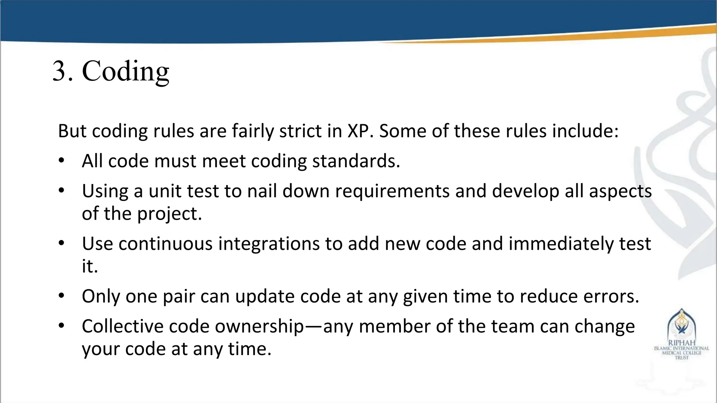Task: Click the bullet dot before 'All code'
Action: pos(62,161)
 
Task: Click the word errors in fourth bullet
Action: pos(611,297)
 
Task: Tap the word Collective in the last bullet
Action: pos(123,326)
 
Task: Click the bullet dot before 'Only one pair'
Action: pos(62,296)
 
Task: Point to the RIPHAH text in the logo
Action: pos(681,343)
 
